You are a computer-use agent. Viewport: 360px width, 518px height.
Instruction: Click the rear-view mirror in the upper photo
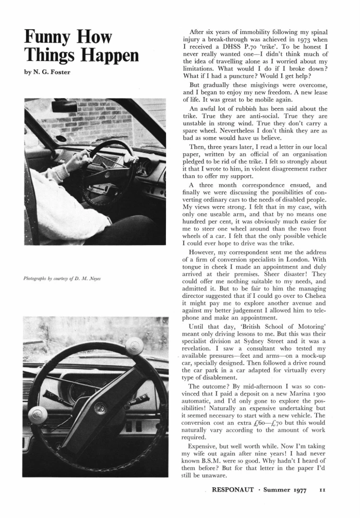[64, 106]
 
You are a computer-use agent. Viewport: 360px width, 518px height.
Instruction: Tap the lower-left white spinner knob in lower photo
[38, 415]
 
